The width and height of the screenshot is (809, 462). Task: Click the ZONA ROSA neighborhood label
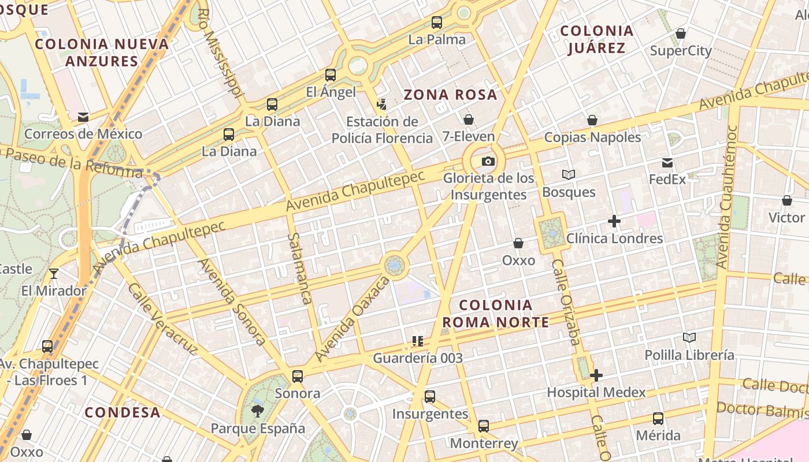coord(450,95)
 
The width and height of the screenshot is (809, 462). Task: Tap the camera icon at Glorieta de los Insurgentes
coord(488,161)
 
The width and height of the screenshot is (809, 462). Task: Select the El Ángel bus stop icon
coord(331,74)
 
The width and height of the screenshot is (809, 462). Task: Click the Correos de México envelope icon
coord(83,117)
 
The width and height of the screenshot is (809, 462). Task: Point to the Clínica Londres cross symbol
coord(614,221)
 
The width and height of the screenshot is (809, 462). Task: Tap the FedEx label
coord(667,179)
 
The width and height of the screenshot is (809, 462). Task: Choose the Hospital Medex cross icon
coord(596,375)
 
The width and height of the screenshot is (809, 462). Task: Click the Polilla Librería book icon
coord(689,337)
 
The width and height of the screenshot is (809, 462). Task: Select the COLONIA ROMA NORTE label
coord(495,314)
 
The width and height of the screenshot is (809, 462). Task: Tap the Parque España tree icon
coord(258,411)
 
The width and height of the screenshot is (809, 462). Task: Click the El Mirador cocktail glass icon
coord(54,273)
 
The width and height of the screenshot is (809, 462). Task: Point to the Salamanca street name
coord(300,269)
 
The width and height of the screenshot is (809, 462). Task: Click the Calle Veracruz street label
coord(163,319)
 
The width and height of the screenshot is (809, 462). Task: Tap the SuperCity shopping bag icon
coord(681,33)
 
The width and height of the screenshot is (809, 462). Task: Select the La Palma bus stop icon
coord(437,23)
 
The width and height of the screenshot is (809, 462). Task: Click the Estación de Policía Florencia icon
coord(381,105)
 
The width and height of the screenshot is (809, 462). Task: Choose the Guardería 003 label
coord(418,358)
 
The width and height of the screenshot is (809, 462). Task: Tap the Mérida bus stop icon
coord(658,418)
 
